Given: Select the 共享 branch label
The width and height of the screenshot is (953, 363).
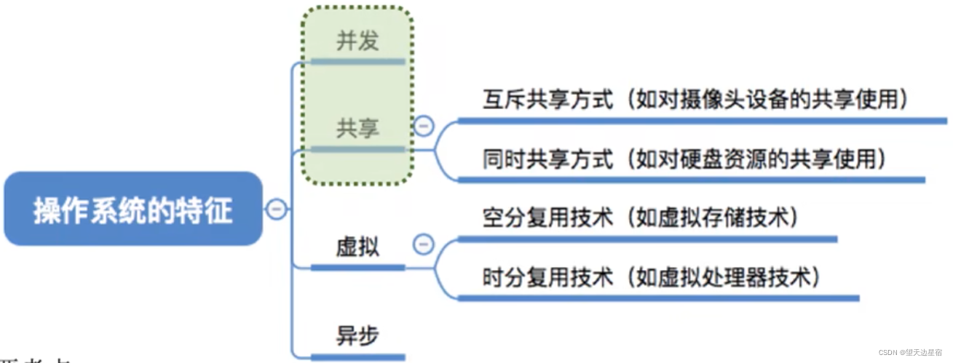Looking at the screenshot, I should (357, 128).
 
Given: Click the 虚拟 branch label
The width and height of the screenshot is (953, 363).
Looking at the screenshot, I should (357, 247).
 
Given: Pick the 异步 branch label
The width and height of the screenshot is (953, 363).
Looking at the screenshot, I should (357, 335).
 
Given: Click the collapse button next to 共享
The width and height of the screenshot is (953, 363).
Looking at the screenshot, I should (424, 127).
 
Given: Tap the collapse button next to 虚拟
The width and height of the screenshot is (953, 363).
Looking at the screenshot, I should (424, 244).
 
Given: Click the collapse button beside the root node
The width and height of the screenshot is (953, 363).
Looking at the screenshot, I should (276, 210).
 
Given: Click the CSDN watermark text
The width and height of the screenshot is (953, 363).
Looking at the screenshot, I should (913, 353).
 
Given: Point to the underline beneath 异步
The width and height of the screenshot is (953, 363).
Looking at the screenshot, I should (357, 356).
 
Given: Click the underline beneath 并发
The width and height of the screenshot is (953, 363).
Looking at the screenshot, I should (357, 62).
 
